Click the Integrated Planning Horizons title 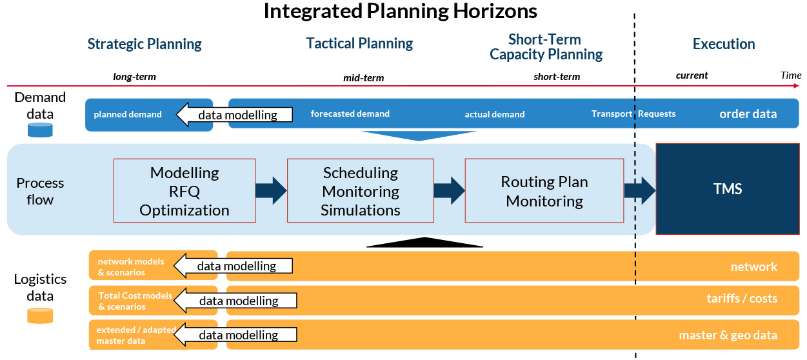click(400, 11)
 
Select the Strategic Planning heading click(144, 45)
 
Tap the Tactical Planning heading click(359, 44)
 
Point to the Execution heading click(724, 44)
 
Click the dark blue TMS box click(728, 189)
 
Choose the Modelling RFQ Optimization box click(184, 190)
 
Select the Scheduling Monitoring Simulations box click(360, 190)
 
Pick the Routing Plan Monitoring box click(544, 190)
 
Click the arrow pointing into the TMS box click(640, 190)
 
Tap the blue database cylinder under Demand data click(40, 130)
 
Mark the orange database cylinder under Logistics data click(40, 315)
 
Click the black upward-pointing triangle click(424, 242)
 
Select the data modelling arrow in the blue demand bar click(234, 115)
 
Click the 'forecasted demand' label click(350, 114)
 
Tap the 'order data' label click(748, 114)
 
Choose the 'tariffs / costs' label click(742, 298)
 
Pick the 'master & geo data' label click(728, 335)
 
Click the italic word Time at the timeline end click(791, 75)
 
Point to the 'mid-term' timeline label click(364, 78)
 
